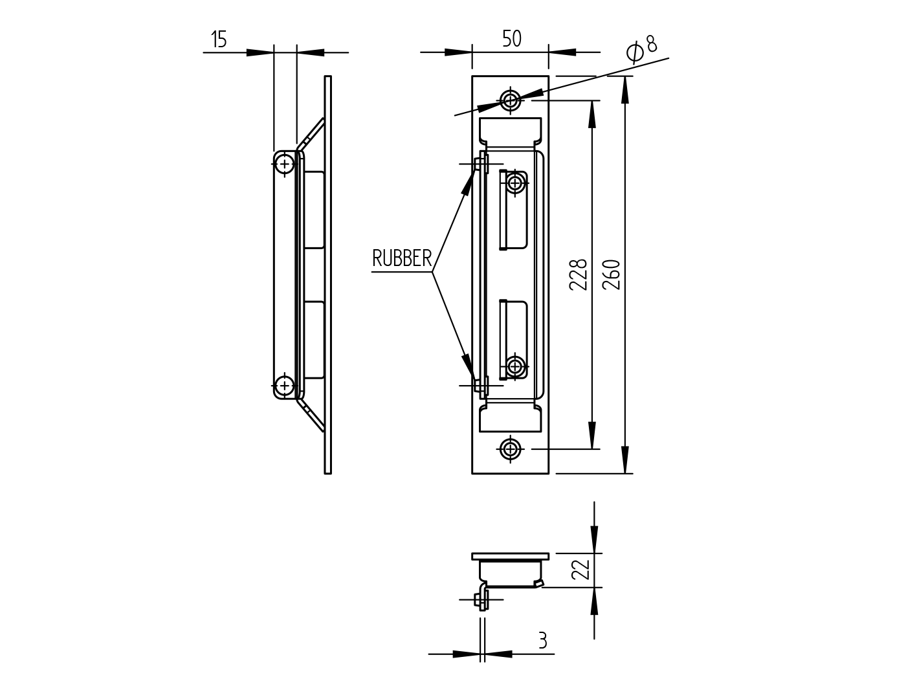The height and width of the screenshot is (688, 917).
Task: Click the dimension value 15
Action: [x=219, y=40]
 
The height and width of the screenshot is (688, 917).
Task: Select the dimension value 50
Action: [x=511, y=39]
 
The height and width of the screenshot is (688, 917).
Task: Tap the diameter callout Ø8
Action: [x=642, y=49]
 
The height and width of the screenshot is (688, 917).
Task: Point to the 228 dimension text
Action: [x=578, y=274]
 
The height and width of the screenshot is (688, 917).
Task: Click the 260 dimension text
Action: [x=612, y=274]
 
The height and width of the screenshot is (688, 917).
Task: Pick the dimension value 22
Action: [x=580, y=570]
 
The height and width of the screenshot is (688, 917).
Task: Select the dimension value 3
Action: [x=542, y=641]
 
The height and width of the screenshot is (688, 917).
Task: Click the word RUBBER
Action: [x=401, y=259]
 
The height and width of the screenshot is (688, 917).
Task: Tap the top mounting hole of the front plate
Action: [x=511, y=100]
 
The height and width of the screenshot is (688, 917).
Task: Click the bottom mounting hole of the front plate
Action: [x=511, y=448]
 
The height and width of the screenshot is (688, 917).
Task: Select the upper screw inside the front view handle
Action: [x=515, y=183]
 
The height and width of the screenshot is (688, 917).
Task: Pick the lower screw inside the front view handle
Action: [x=515, y=366]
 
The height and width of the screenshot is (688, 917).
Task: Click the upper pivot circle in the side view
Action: [x=284, y=164]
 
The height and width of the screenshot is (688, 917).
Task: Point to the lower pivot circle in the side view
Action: [x=284, y=386]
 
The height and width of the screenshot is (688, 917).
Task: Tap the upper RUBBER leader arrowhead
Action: [x=467, y=183]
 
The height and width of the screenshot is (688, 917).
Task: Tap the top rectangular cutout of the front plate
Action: [x=510, y=131]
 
